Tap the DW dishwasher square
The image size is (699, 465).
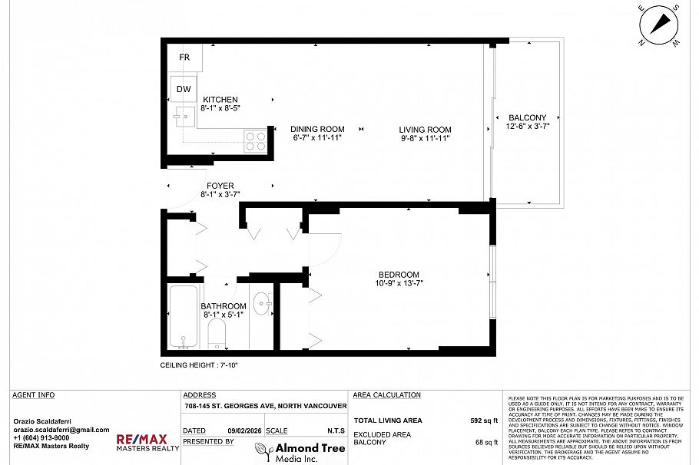click(x=184, y=89)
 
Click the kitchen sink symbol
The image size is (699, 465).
click(x=182, y=117)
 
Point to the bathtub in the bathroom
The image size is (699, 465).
click(x=184, y=316)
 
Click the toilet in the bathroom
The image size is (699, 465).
click(x=217, y=332)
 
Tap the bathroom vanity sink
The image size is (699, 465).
click(x=261, y=304)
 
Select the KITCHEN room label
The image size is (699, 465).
click(x=220, y=100)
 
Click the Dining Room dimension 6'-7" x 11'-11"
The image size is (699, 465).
click(x=316, y=139)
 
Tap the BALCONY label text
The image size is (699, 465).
click(x=527, y=117)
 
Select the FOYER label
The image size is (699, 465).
click(x=220, y=186)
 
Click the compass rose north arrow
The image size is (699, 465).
click(x=659, y=25)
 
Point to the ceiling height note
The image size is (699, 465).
click(x=199, y=365)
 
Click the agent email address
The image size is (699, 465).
click(x=61, y=430)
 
